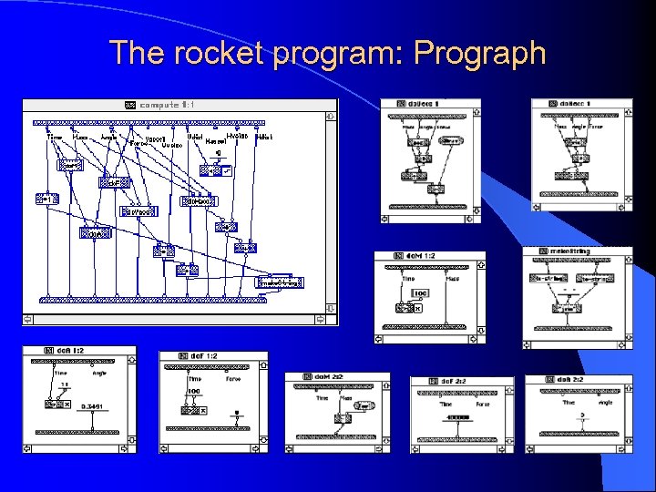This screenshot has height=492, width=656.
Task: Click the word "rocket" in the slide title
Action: coord(222,53)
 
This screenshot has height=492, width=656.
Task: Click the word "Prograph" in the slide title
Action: coord(479,53)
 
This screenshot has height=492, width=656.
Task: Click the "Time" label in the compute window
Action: coord(55,138)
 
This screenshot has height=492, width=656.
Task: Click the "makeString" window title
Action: coord(569,251)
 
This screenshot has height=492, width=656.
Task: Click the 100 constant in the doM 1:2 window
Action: coord(420,292)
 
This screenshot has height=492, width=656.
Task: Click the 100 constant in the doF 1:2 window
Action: coord(194,392)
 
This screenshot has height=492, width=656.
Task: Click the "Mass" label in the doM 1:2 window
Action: coord(452,279)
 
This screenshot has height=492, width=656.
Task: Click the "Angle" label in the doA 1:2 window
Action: coord(99,372)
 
